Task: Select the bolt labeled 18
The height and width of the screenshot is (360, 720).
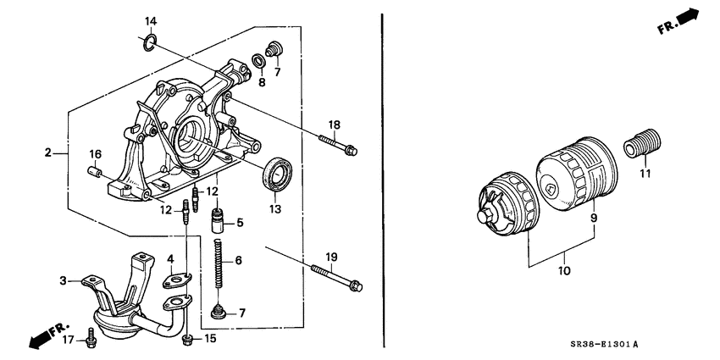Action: (339, 145)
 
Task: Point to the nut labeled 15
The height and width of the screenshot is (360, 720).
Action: (188, 340)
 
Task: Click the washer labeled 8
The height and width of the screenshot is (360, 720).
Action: (258, 60)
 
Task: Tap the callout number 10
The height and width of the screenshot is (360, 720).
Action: (564, 272)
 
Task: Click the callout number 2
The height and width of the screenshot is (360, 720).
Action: (49, 153)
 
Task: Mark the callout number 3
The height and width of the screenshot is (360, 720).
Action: (63, 279)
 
